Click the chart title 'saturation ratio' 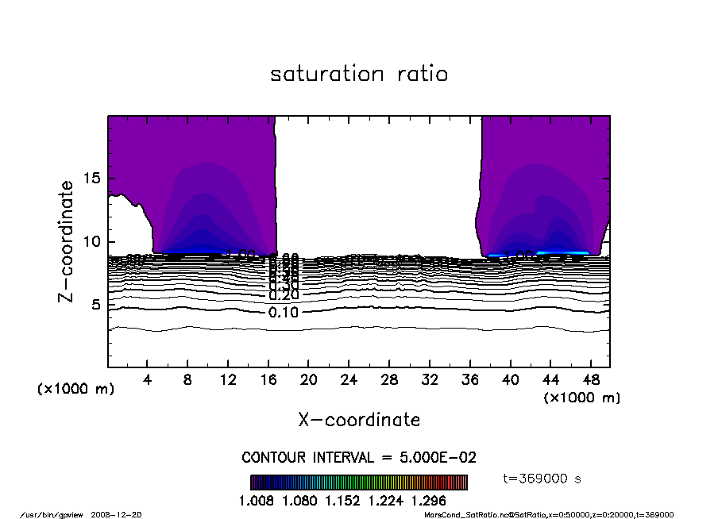click(359, 74)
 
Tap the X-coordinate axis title click(359, 419)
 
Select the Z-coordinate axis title click(67, 241)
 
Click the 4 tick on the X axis click(148, 380)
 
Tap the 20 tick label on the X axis click(309, 380)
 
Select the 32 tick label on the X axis click(430, 380)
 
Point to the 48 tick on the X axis click(591, 380)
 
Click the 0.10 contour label click(284, 312)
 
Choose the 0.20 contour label click(284, 295)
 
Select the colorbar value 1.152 click(358, 501)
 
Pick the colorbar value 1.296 click(429, 501)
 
